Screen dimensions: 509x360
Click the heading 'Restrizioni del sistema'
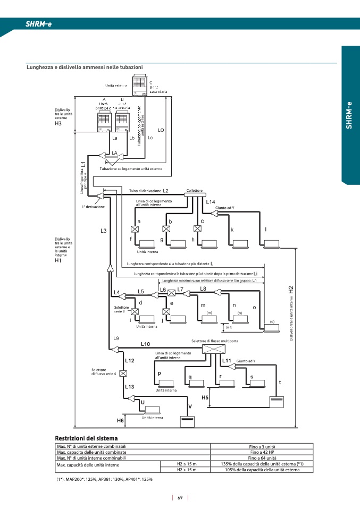[x=83, y=438]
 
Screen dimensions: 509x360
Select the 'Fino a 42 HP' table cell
[x=262, y=452]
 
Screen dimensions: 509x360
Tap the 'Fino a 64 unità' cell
[x=262, y=457]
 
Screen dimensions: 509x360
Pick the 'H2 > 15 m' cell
[x=186, y=470]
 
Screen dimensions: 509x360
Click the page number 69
[x=180, y=498]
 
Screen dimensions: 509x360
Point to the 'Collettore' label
[x=195, y=190]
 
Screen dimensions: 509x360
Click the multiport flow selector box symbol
[x=214, y=349]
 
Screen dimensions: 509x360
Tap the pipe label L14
[x=210, y=202]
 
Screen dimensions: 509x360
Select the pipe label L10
[x=146, y=344]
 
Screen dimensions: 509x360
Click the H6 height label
[x=121, y=420]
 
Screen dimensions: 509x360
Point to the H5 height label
[x=205, y=397]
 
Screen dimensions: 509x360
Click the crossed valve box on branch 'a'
[x=135, y=229]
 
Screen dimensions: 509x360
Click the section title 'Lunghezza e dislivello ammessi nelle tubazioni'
[x=85, y=67]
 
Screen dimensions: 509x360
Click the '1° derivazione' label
[x=93, y=206]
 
